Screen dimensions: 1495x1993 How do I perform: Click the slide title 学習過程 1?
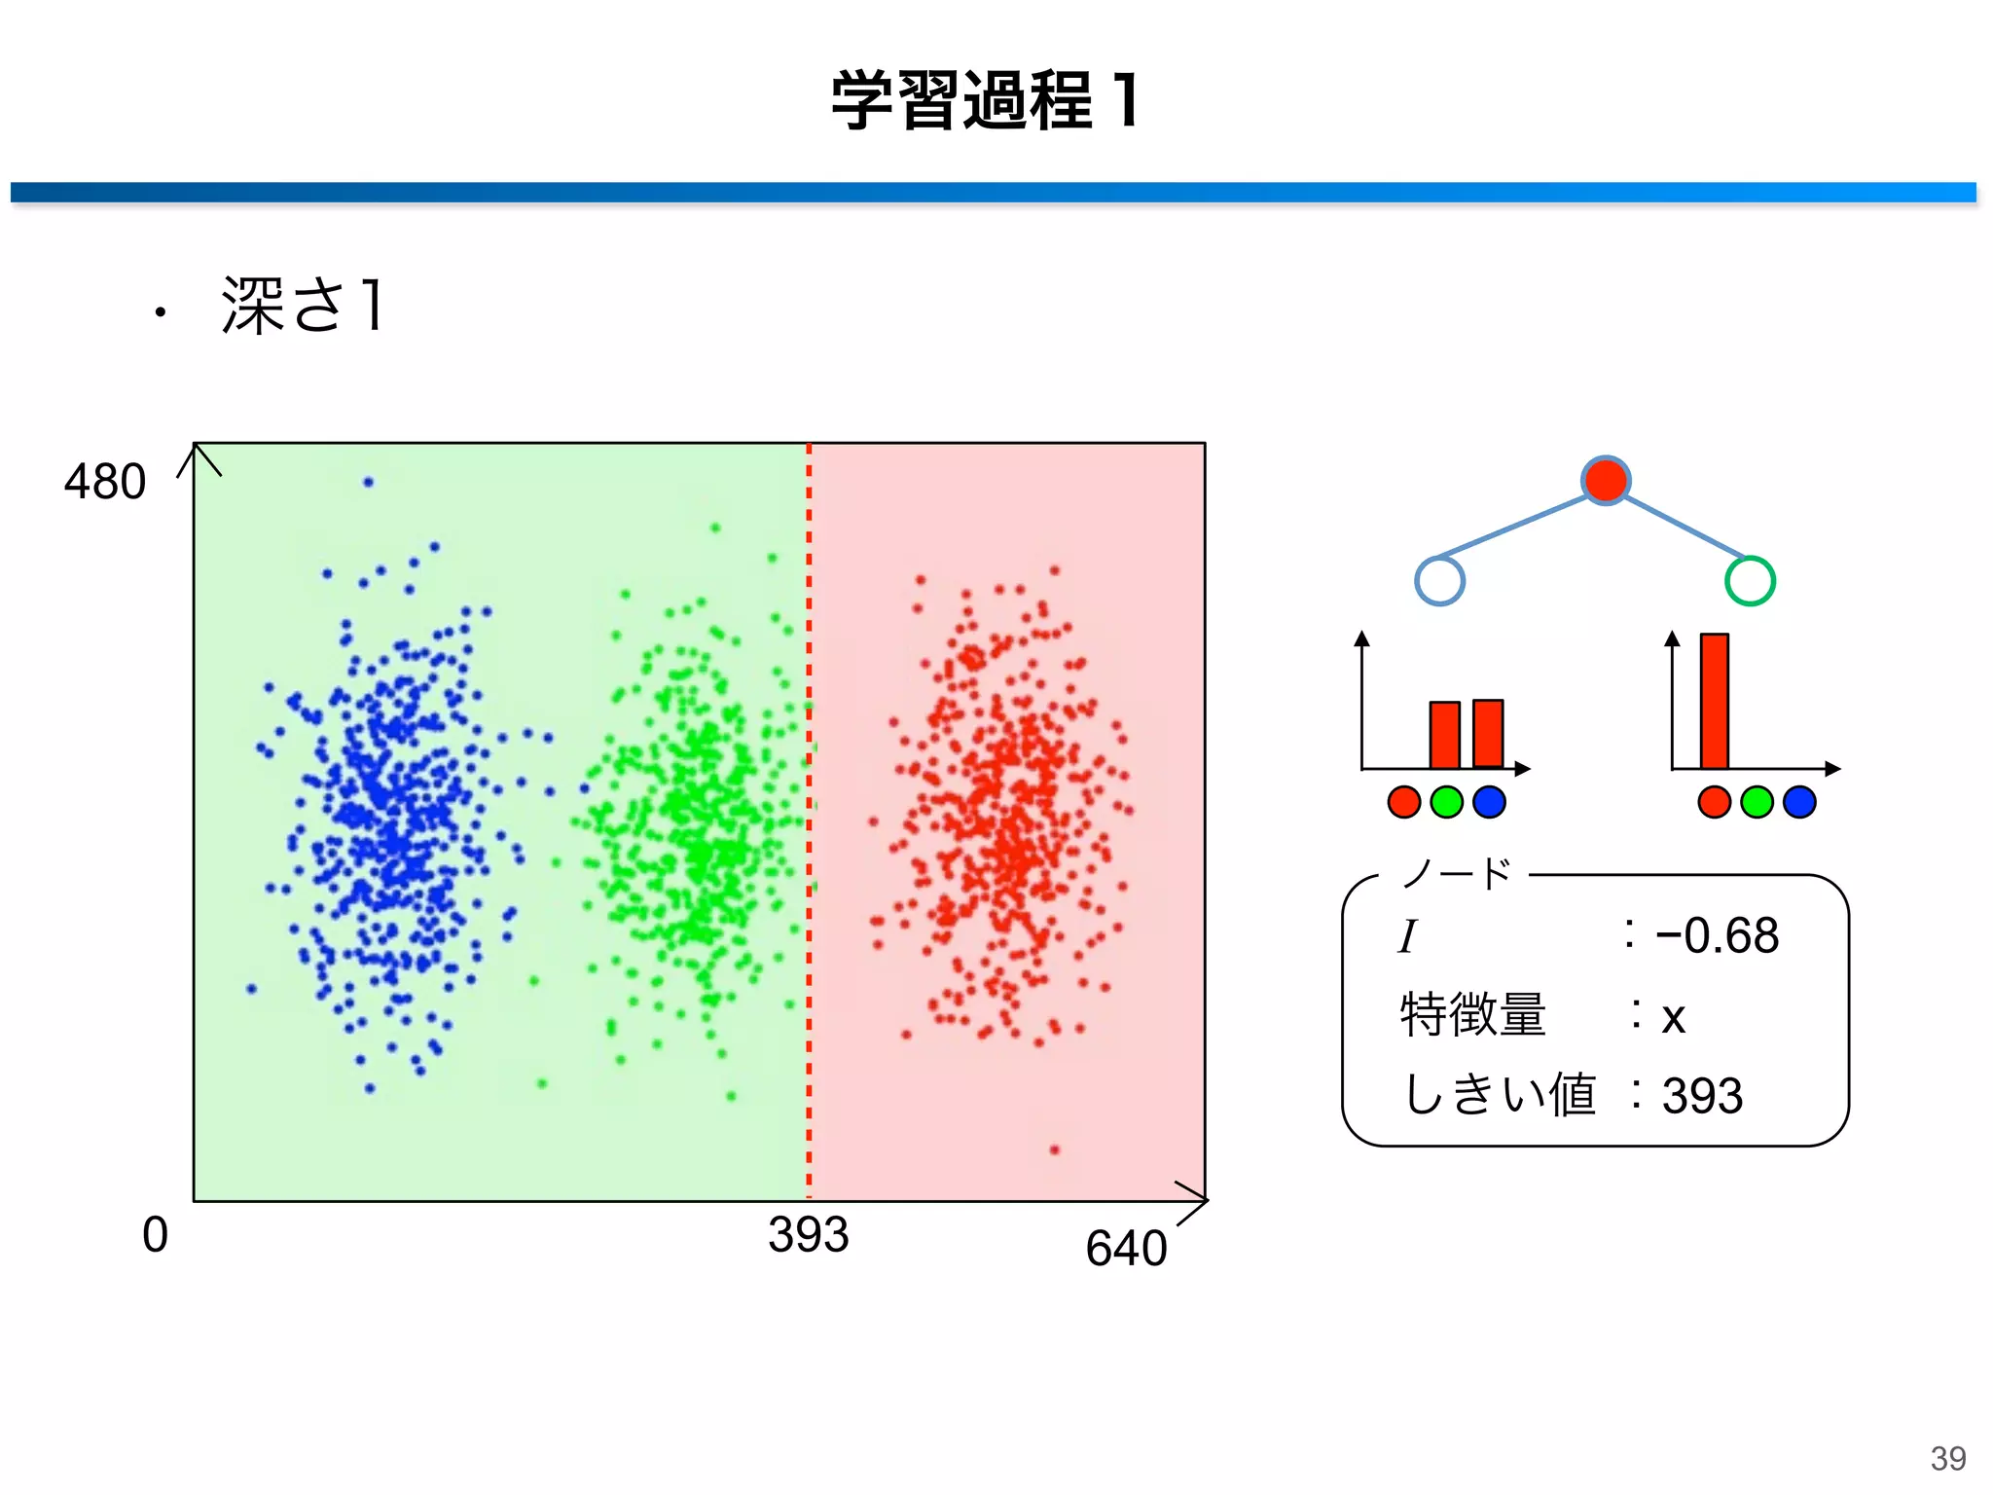[985, 100]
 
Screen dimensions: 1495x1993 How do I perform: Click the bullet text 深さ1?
[304, 306]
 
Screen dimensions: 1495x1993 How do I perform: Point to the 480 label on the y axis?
[105, 482]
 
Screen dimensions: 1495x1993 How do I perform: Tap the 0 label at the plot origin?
[155, 1235]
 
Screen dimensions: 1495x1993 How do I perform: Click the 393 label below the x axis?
[808, 1235]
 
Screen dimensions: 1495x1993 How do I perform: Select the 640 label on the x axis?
[1126, 1249]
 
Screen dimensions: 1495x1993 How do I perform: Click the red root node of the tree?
[1606, 480]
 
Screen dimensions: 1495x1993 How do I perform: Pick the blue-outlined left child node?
[1439, 581]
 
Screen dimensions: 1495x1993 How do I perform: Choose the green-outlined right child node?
[1750, 581]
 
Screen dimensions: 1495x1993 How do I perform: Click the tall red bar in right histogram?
[1715, 701]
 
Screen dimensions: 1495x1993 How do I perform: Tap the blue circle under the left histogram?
[1490, 802]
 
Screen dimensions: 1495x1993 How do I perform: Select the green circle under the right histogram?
[1757, 802]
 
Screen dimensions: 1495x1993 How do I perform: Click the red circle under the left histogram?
[1404, 802]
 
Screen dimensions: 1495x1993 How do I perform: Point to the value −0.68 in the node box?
[1718, 936]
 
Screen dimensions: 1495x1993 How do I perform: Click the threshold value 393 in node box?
[1702, 1096]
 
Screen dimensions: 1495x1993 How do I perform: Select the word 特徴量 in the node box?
[1473, 1015]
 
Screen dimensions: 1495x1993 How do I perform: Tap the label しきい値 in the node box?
[1500, 1094]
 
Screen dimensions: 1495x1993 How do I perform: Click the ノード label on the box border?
[1456, 874]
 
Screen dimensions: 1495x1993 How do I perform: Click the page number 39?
[1948, 1458]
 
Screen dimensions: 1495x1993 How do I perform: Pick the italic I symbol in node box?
[1407, 937]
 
